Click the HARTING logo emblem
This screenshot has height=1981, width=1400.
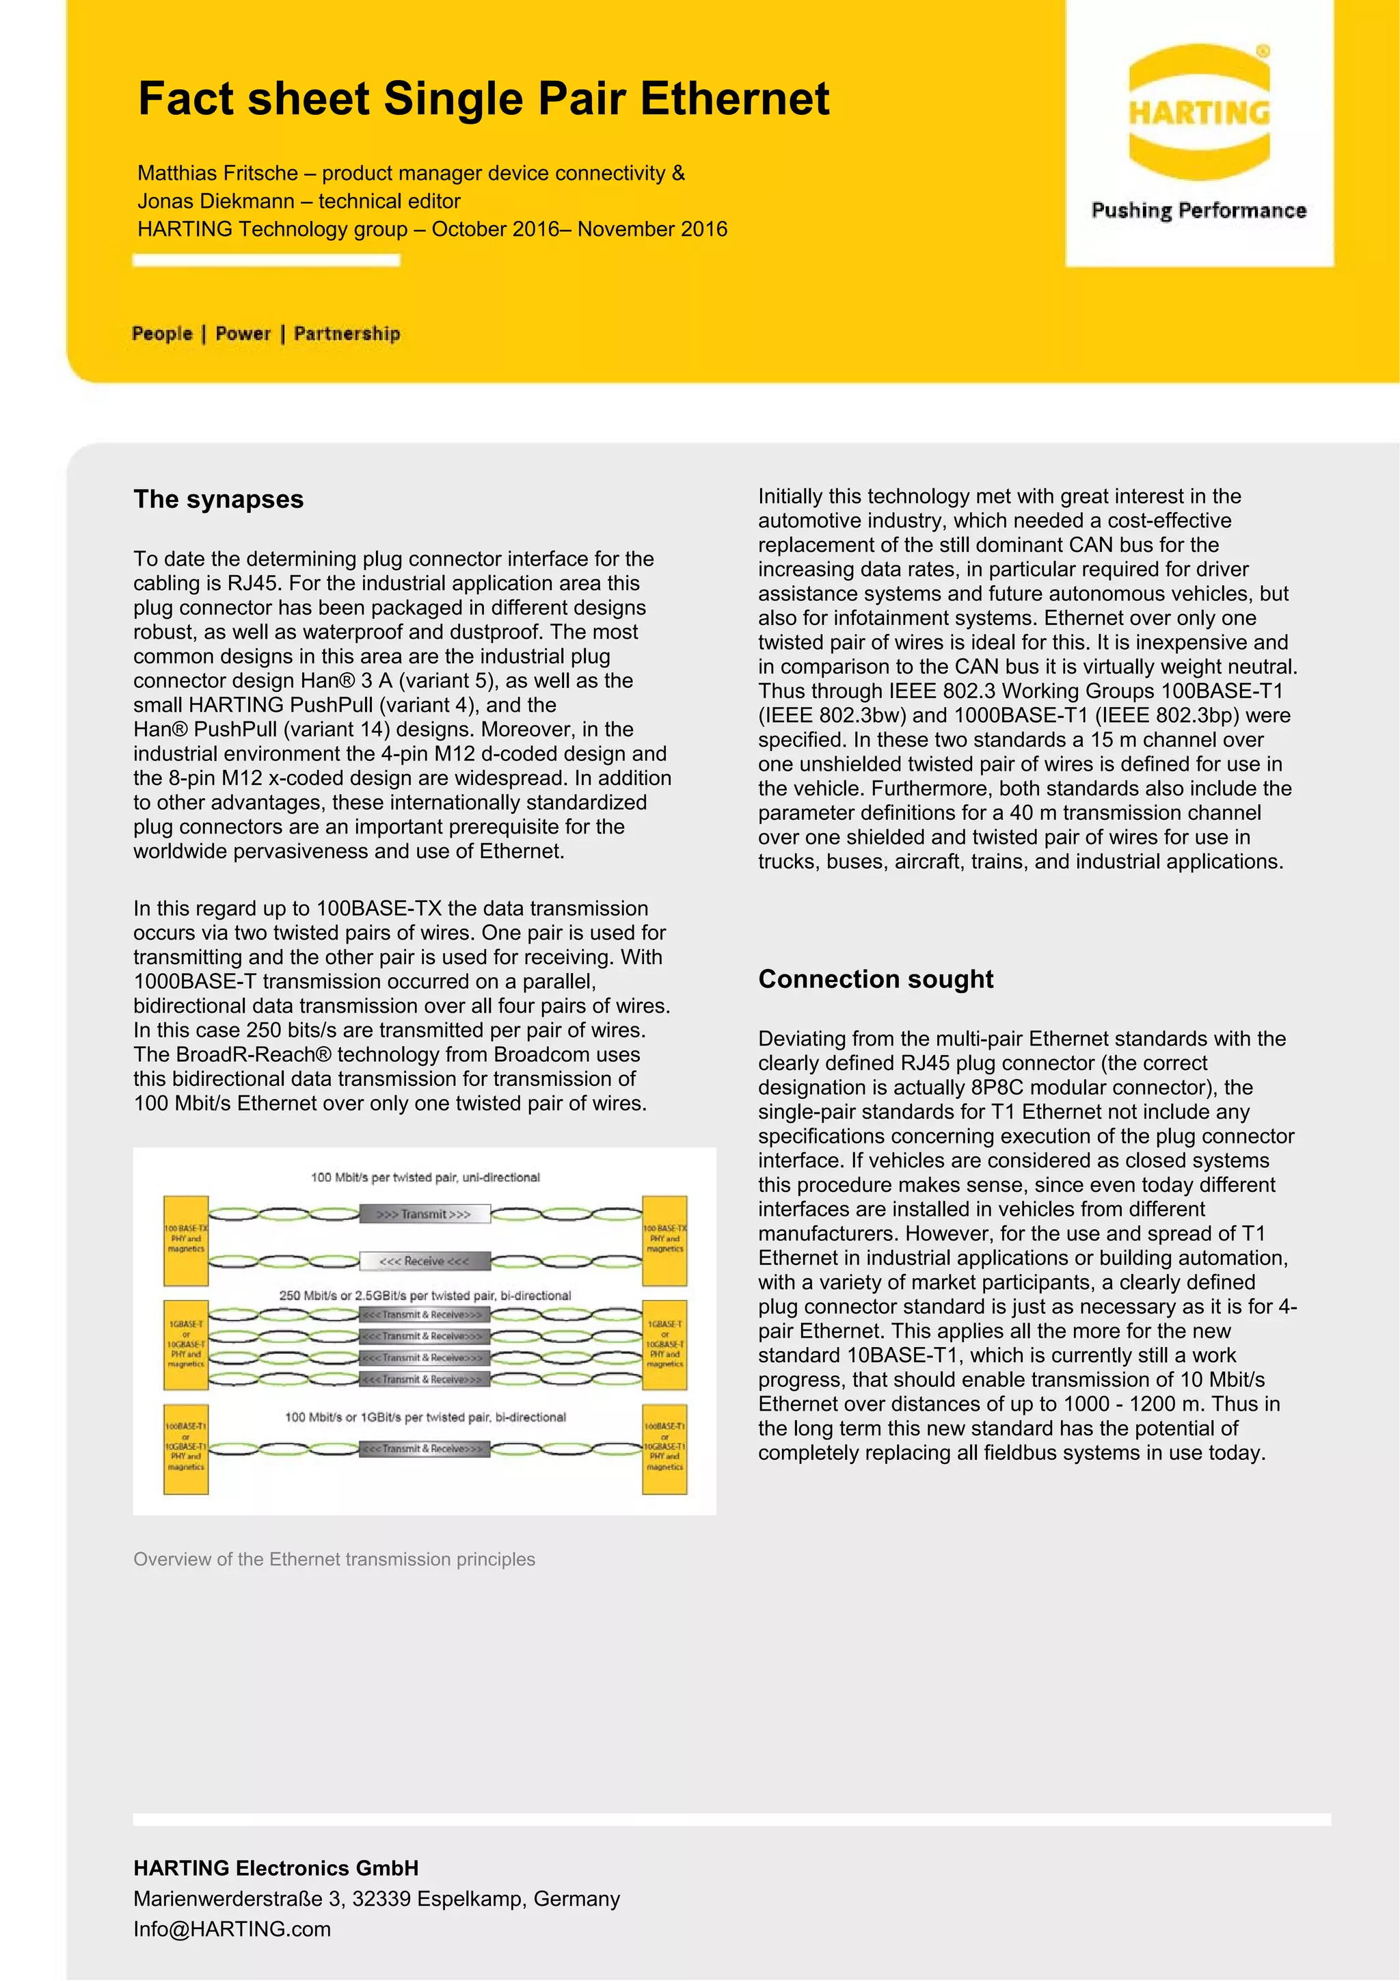pos(1198,112)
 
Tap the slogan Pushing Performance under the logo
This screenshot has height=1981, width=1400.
pos(1198,211)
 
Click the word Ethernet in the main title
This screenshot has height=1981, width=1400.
pos(734,98)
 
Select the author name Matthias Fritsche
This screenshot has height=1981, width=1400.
pos(217,174)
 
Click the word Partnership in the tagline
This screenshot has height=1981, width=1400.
pos(347,334)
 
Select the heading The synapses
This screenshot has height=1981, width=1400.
pos(218,500)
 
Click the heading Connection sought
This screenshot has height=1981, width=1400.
pos(875,979)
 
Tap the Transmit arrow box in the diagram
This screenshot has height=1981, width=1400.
pos(425,1214)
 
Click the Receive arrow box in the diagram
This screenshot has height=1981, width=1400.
pos(425,1260)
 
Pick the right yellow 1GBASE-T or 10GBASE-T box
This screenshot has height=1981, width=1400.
pos(664,1344)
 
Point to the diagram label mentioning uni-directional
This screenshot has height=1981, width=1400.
pos(425,1177)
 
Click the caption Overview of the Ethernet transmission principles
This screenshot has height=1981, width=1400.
pos(334,1559)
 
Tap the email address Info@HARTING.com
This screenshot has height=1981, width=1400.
pos(232,1929)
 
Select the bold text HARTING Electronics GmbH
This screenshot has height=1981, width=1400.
pos(275,1869)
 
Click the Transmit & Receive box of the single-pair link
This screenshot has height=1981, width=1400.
pos(425,1448)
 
